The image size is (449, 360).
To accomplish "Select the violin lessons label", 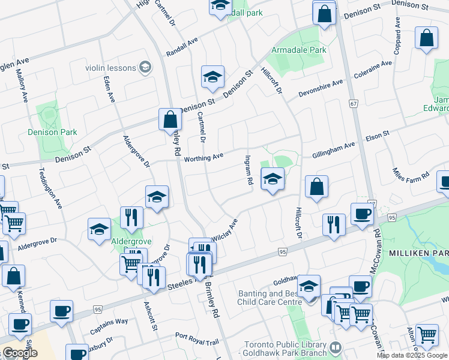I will pos(111,68).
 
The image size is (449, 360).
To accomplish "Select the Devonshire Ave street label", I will pos(321,89).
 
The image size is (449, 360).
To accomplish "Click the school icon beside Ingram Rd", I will pos(273,178).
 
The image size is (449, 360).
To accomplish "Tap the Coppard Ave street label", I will pos(397,35).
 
